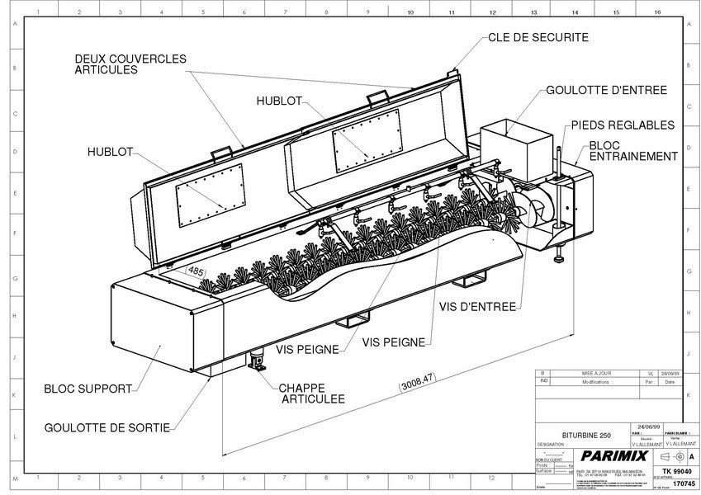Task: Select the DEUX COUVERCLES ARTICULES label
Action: [x=130, y=64]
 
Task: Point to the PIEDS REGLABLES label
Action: [x=623, y=125]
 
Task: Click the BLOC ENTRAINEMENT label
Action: [x=632, y=150]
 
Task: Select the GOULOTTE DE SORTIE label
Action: [x=108, y=427]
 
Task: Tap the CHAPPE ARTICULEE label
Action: [x=311, y=393]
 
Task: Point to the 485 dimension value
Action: [x=196, y=270]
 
